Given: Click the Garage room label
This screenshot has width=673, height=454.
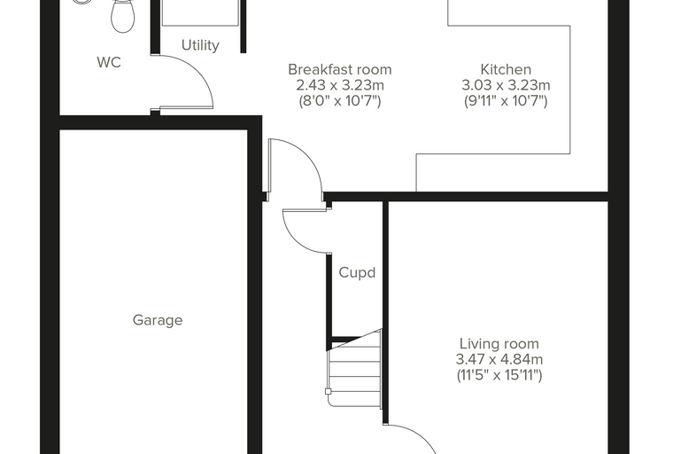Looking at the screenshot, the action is [158, 320].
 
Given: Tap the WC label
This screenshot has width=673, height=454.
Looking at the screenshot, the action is [109, 62].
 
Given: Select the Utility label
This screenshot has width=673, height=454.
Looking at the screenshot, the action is [200, 45].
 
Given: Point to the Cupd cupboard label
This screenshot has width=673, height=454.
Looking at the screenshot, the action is [357, 272].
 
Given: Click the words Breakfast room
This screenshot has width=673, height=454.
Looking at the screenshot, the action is [339, 69].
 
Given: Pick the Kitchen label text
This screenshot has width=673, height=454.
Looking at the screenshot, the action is [506, 69].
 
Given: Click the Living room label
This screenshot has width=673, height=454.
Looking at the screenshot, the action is [499, 343].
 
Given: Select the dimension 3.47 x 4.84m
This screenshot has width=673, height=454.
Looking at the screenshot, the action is [499, 359].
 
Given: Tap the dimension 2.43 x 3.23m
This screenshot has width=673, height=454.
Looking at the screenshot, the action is [339, 85].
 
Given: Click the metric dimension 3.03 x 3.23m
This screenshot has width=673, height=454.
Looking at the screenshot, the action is [506, 85].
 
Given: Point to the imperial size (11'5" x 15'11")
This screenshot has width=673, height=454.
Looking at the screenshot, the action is [499, 375].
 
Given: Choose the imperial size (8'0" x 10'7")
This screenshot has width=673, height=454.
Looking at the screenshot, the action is [339, 101].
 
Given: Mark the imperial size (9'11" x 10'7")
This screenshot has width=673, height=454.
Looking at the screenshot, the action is [506, 101].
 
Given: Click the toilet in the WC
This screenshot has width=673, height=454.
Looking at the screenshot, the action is [122, 15].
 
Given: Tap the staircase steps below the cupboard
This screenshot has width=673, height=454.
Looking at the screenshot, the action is [354, 370].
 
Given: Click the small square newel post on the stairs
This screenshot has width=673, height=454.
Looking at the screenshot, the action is [328, 392].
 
